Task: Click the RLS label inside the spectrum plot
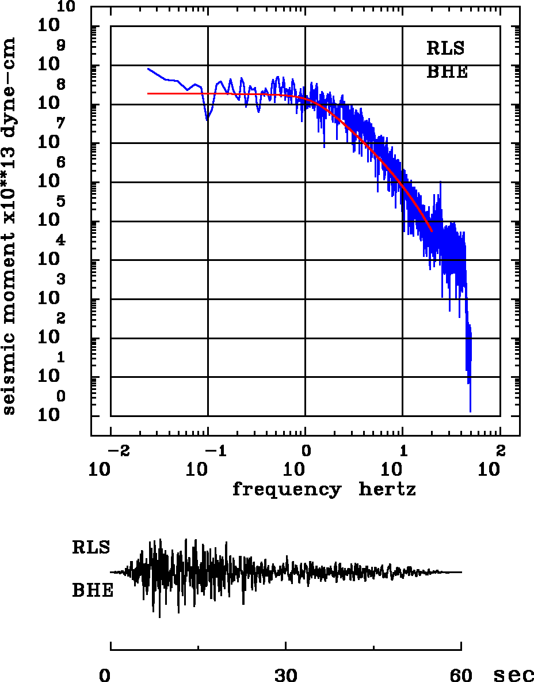tap(445, 48)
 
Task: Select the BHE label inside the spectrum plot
tap(447, 73)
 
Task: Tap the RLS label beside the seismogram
tap(91, 547)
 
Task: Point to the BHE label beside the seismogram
tap(93, 591)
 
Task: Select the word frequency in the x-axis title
tap(286, 490)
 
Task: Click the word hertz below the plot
tap(387, 490)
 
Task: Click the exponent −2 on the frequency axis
tap(116, 450)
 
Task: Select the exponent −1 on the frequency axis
tap(213, 450)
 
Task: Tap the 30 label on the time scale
tap(286, 675)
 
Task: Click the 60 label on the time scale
tap(461, 675)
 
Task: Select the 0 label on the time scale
tap(105, 675)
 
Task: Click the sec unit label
tap(514, 675)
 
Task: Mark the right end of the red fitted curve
tap(432, 231)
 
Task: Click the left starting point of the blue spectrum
tap(148, 69)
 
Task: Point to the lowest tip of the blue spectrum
tap(470, 411)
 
